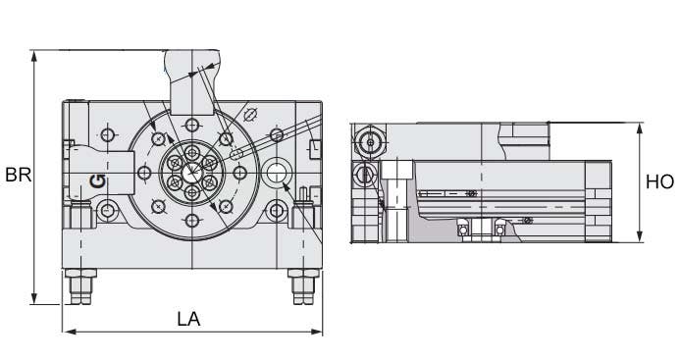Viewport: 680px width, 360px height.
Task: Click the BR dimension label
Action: (18, 175)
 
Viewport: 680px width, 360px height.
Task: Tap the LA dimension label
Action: (188, 319)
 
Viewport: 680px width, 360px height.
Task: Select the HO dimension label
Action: (659, 182)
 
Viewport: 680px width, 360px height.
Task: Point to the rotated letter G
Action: (98, 180)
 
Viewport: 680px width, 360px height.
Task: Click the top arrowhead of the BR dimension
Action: (33, 56)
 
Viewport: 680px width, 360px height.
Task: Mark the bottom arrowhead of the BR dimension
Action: (33, 298)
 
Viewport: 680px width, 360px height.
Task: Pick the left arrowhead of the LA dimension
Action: (70, 332)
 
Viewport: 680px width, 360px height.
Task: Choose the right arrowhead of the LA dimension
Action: (317, 332)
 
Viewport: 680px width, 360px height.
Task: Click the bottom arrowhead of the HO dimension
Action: (639, 236)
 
